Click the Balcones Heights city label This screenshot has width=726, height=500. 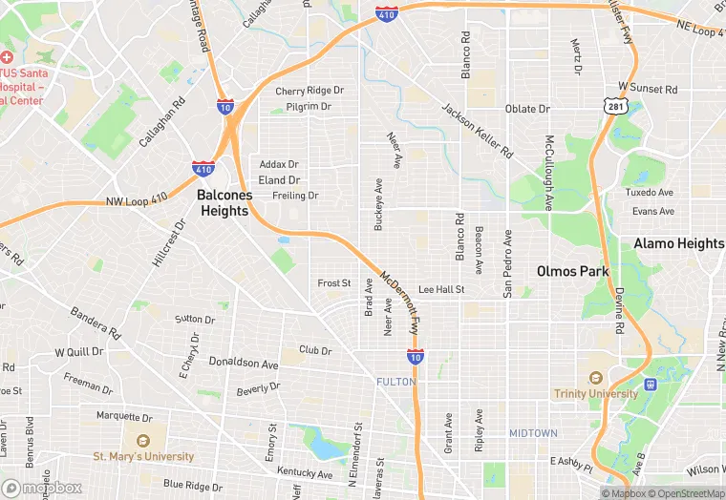click(x=223, y=202)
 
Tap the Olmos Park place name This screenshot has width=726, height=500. click(x=572, y=271)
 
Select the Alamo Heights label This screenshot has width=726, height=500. click(x=679, y=243)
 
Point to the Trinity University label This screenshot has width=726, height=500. click(x=596, y=393)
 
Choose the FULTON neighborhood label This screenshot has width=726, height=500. click(x=395, y=382)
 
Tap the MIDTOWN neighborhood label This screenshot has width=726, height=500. click(x=532, y=433)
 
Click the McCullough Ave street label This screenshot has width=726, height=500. click(x=549, y=173)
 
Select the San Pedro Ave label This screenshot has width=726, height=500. click(x=508, y=263)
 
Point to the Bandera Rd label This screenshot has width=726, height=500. click(x=96, y=323)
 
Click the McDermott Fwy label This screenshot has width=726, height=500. click(x=400, y=302)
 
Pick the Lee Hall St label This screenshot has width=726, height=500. click(x=441, y=289)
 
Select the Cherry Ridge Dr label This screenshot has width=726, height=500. click(x=309, y=91)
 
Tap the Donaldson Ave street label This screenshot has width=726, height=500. click(x=244, y=365)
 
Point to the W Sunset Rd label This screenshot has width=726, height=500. click(x=648, y=88)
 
